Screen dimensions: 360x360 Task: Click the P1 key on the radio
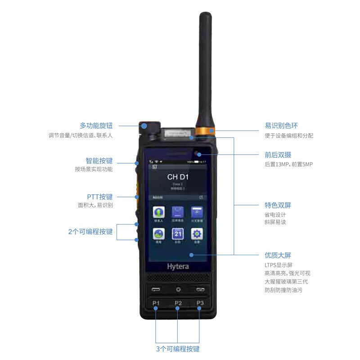point(156,303)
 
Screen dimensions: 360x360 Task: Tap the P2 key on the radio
point(178,303)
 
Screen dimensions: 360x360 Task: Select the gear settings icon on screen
point(197,234)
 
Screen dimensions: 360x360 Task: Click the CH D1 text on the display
point(178,177)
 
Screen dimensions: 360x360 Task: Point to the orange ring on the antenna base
point(206,131)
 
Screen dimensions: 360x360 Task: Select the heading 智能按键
point(99,160)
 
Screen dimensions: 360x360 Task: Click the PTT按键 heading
point(100,197)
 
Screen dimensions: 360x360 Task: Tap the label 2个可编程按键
point(90,232)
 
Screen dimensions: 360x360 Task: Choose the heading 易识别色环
point(281,126)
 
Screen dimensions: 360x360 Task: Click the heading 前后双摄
point(278,154)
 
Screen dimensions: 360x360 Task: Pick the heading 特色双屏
point(278,205)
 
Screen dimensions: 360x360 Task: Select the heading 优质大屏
point(278,255)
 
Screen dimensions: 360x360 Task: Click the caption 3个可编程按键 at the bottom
point(178,349)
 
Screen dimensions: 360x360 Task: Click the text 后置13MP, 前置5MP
point(288,164)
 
